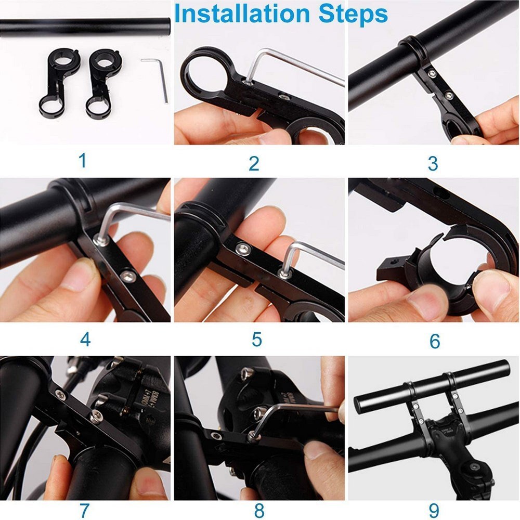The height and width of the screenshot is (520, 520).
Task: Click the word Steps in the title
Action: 354,14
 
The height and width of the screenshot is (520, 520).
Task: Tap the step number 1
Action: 83,161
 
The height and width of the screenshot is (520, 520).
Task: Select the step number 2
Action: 254,163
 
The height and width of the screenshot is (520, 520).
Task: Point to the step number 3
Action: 433,163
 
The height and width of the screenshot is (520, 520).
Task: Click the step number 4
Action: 85,340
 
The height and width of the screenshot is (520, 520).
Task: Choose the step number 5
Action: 257,340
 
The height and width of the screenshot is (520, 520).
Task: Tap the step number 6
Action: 435,342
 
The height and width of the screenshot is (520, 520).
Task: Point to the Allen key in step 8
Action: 302,411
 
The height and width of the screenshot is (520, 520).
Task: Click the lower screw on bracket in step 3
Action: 448,95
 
